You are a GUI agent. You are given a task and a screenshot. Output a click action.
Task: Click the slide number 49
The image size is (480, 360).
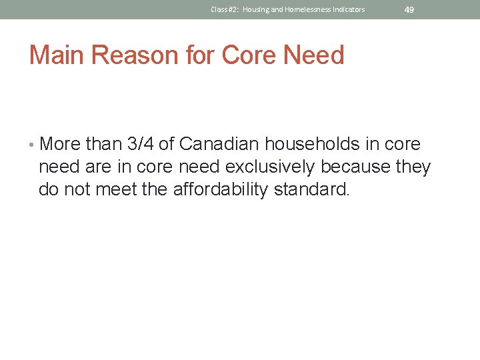pyautogui.click(x=409, y=9)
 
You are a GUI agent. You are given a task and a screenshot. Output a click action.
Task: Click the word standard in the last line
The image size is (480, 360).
pyautogui.click(x=315, y=190)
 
